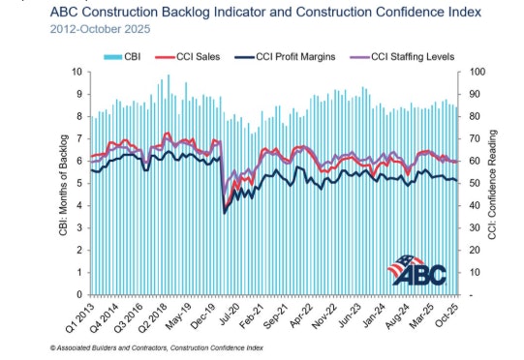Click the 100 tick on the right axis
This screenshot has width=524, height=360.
pos(476,73)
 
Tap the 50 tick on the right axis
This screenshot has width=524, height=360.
pos(474,183)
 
